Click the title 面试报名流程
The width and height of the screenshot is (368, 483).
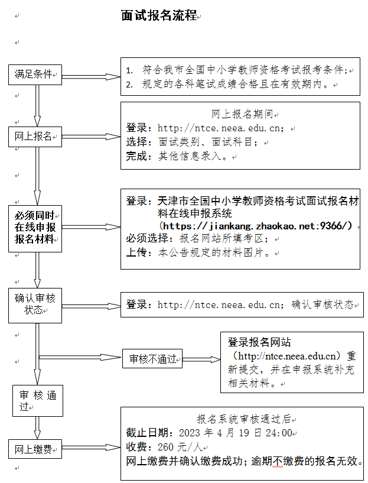[158, 16]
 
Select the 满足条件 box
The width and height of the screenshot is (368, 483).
[35, 74]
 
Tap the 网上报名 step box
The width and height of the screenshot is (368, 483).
[35, 137]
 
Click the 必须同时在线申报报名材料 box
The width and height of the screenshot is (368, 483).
[35, 228]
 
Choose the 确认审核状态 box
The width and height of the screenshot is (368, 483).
[35, 305]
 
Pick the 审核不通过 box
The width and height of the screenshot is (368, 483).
[152, 358]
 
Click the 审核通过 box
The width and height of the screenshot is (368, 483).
[38, 401]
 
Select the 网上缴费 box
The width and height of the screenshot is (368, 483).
[35, 449]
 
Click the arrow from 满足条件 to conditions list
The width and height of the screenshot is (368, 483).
[91, 75]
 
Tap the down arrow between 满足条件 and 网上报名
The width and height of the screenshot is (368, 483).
[38, 105]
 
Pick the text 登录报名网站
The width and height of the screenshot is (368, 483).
[259, 343]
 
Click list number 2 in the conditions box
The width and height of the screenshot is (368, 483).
[129, 85]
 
